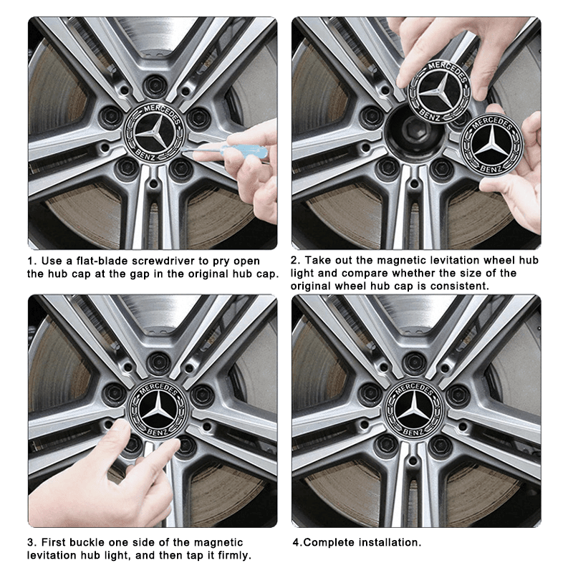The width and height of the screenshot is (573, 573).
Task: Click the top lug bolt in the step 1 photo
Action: tap(152, 85)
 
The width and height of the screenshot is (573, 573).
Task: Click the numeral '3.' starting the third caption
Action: tap(33, 543)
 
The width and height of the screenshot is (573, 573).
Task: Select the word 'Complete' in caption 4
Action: tap(329, 543)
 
